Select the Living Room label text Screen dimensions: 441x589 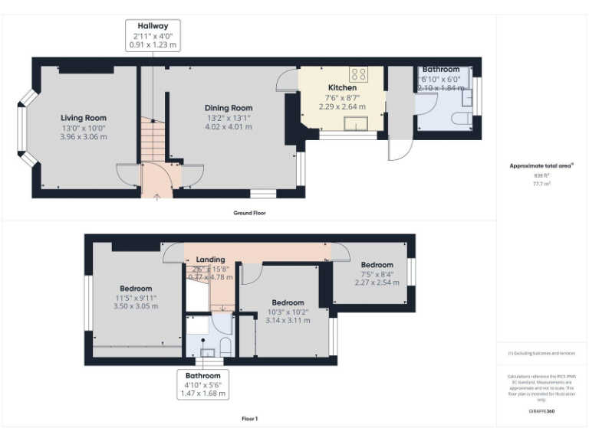84,118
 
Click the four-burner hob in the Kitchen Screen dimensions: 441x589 358,74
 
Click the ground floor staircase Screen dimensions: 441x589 153,142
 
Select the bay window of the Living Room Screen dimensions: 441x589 27,128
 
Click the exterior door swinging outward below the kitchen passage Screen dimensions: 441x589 398,149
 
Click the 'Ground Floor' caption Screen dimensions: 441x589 249,212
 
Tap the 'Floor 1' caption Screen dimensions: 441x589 249,419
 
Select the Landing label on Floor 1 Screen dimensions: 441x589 210,260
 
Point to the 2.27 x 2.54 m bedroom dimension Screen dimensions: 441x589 377,283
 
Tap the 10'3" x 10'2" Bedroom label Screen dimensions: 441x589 288,303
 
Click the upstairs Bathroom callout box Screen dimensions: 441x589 203,384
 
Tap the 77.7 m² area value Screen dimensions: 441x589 541,184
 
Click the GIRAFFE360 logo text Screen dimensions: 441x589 541,411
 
